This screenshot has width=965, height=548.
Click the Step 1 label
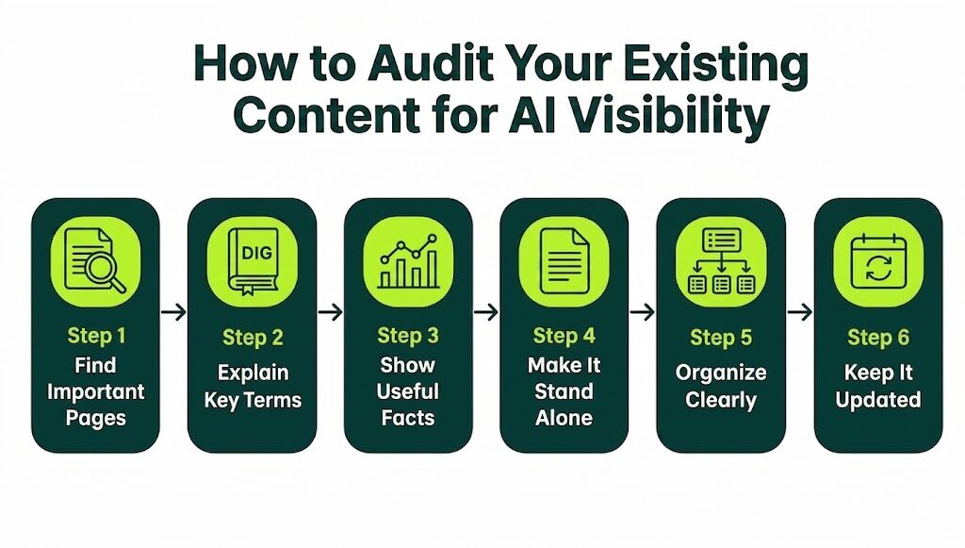(x=95, y=336)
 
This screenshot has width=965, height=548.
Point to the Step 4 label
(x=564, y=336)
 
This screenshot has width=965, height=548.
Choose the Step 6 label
(x=877, y=337)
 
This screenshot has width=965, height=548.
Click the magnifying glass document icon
(x=95, y=261)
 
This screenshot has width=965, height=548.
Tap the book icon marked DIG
(x=252, y=261)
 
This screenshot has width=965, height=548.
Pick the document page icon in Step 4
(x=564, y=261)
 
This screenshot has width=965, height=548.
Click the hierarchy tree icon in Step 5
(x=721, y=261)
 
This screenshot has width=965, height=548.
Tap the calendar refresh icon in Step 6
(x=877, y=261)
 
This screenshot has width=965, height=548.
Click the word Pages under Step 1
(x=95, y=416)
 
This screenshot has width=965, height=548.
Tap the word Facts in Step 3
(x=408, y=416)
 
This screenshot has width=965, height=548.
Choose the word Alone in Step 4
(x=564, y=416)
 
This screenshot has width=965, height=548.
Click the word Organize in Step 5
(x=721, y=372)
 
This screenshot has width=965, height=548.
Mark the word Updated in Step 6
(x=877, y=399)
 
